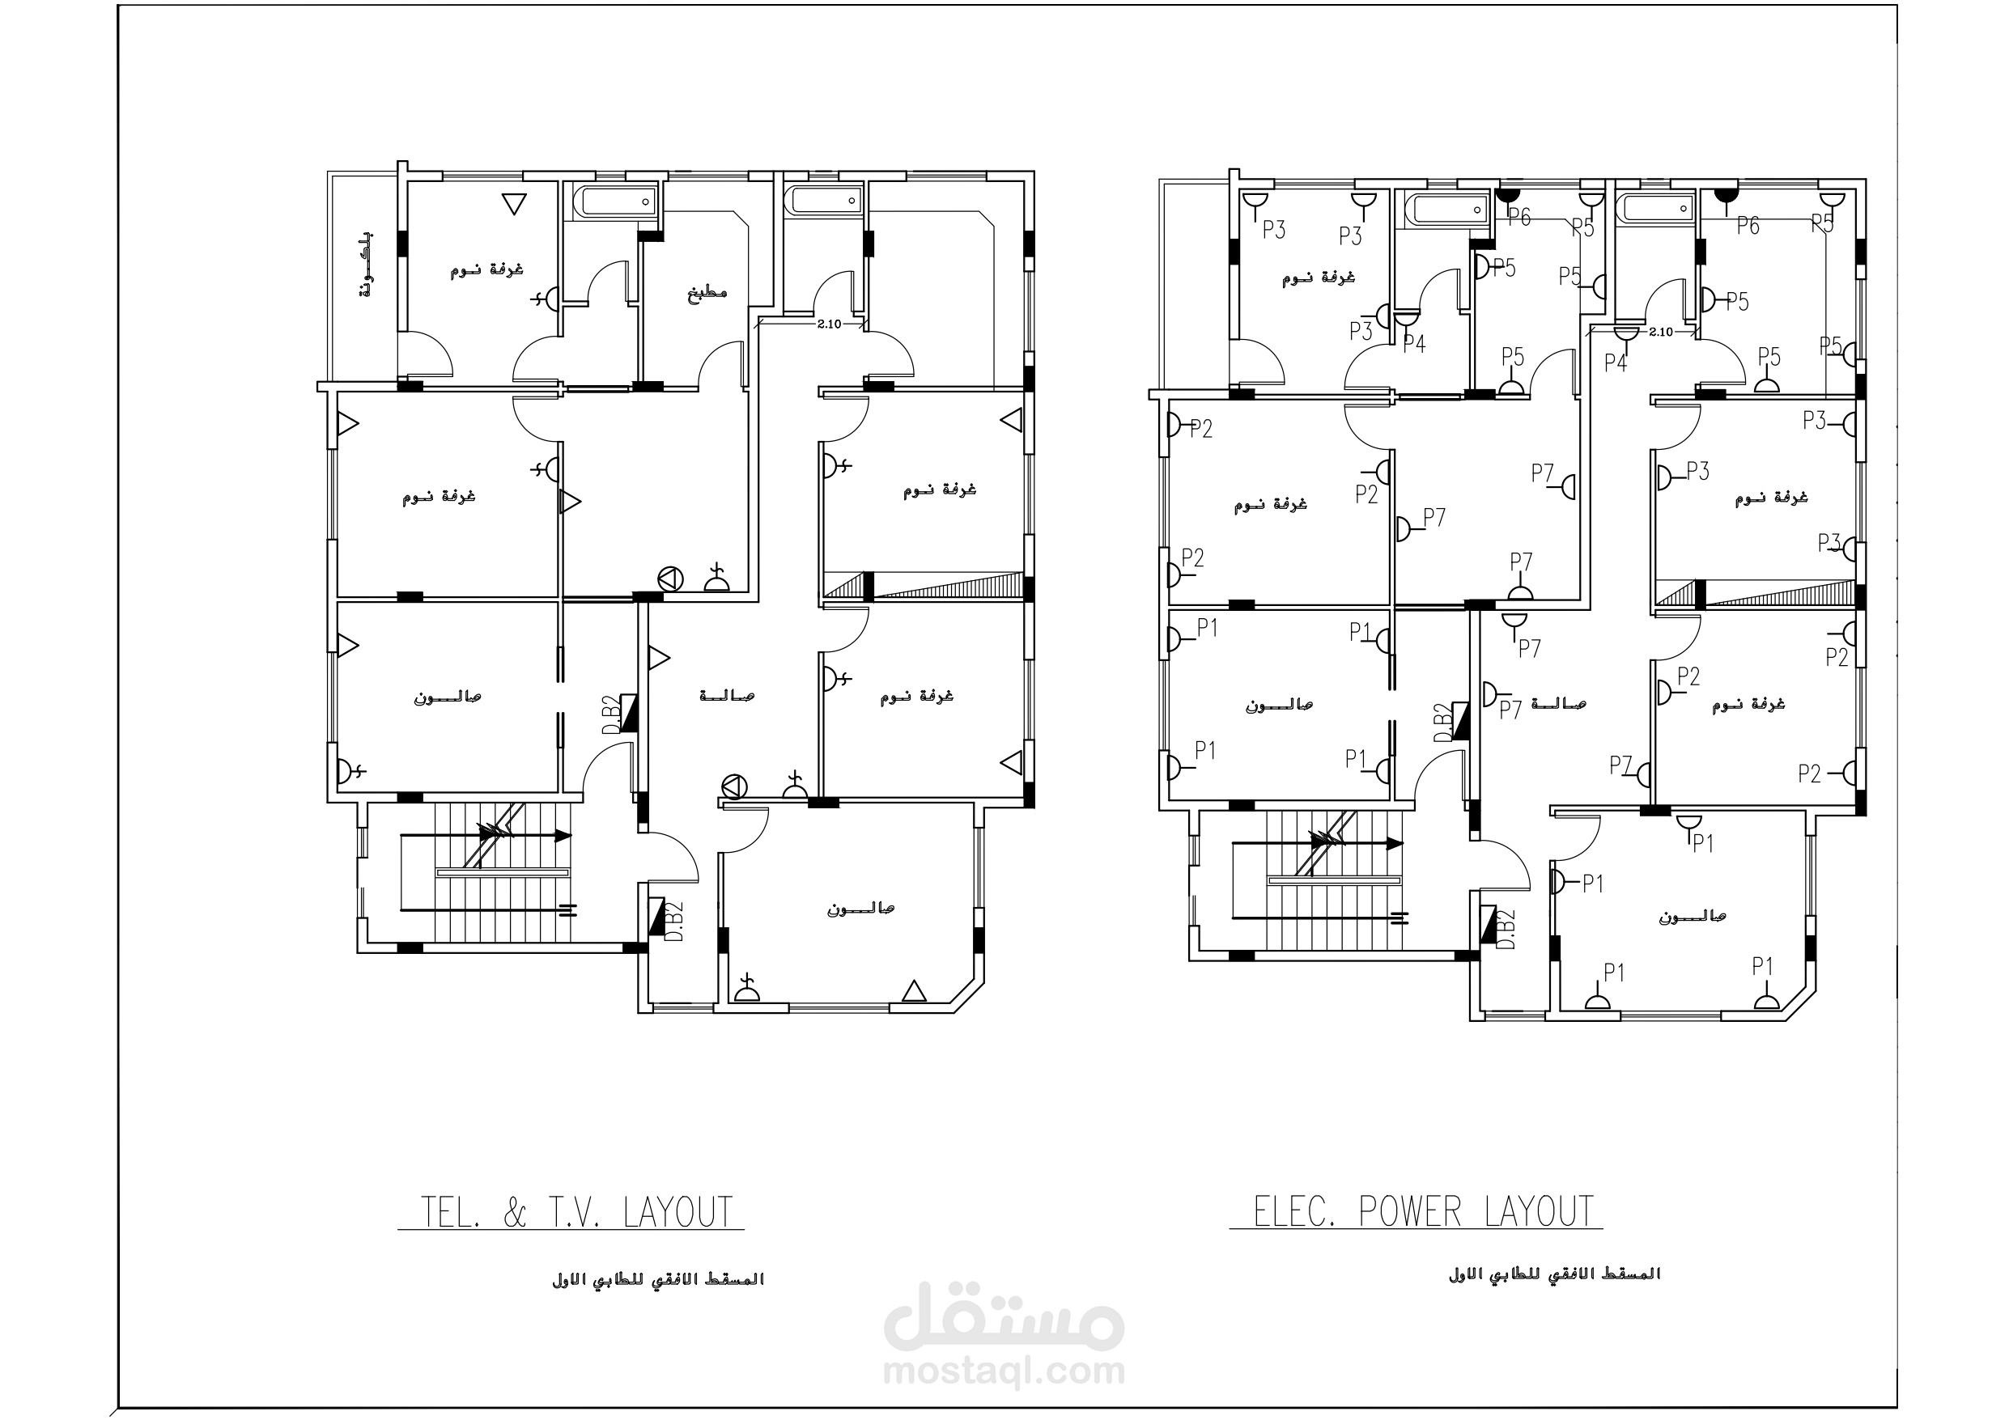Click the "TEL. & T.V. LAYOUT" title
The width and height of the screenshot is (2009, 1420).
coord(576,1213)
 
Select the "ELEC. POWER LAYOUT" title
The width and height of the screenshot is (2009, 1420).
coord(1424,1212)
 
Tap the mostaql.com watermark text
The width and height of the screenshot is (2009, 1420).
coord(1004,1370)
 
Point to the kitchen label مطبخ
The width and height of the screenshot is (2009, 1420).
coord(707,291)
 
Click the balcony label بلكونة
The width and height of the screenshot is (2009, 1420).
coord(365,265)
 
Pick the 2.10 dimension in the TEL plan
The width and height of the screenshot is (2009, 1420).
coord(829,324)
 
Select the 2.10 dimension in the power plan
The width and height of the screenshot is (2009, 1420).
coord(1660,333)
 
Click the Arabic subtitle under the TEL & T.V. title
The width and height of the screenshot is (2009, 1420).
coord(658,1279)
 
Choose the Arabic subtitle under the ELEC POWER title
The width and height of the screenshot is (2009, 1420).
coord(1554,1274)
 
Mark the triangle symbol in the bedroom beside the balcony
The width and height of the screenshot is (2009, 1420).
coord(514,205)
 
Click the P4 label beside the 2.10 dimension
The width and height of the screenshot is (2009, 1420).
coord(1616,362)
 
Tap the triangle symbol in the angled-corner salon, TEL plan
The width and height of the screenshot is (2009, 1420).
coord(914,990)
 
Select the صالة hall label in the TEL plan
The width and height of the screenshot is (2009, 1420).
coord(726,696)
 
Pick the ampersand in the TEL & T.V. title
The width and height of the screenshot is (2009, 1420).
coord(516,1213)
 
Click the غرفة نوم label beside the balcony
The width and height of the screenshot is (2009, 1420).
coord(486,269)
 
